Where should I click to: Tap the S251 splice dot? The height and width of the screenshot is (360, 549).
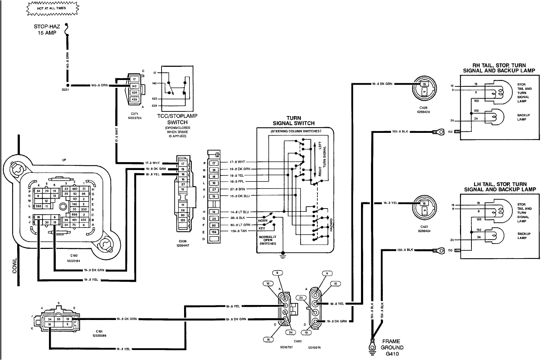(67, 86)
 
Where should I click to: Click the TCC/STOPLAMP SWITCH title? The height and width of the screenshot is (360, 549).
(177, 119)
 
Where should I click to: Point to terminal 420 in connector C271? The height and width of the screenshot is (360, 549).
(134, 92)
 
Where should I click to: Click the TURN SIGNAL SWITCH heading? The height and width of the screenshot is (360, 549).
(293, 121)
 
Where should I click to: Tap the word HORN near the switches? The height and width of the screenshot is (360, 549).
(263, 220)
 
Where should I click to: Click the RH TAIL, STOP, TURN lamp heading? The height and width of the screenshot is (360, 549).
(499, 68)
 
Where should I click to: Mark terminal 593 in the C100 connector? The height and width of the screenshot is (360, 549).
(39, 206)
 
